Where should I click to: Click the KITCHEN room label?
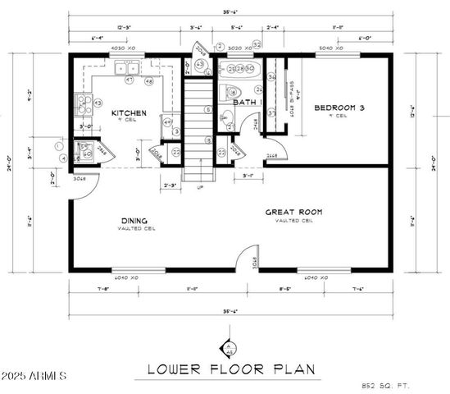pyautogui.click(x=129, y=112)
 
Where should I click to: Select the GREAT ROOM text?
pyautogui.click(x=293, y=212)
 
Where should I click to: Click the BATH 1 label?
pyautogui.click(x=247, y=103)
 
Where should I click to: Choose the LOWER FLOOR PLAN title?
pyautogui.click(x=231, y=369)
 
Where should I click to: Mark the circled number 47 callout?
pyautogui.click(x=130, y=80)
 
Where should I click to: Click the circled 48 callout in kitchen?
pyautogui.click(x=149, y=81)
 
